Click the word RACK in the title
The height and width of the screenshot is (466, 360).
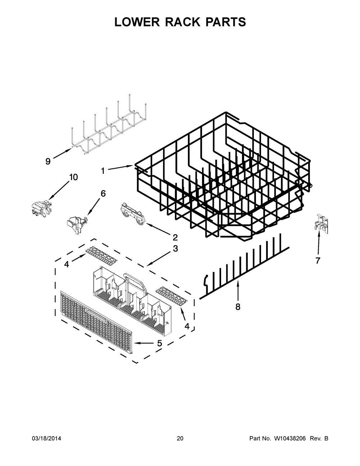coord(180,22)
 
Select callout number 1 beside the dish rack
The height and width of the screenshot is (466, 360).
coord(103,171)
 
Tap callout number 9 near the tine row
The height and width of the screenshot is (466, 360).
coord(48,161)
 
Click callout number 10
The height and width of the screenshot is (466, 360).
coord(73,177)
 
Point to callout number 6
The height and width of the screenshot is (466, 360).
coord(103,193)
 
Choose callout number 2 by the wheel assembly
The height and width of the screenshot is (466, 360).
coord(175,237)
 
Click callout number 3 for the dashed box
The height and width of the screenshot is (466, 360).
coord(175,248)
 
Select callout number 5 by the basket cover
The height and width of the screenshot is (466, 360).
coord(159,343)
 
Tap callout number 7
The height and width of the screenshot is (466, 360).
coord(318,261)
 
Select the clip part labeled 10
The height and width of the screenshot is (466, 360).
coord(40,209)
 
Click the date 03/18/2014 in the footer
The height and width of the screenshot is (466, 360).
coord(46,439)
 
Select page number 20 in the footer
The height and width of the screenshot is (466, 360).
coord(180,439)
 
